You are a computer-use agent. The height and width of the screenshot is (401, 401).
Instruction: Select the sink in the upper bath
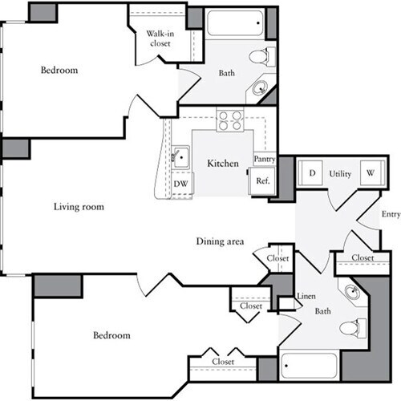tap(261, 88)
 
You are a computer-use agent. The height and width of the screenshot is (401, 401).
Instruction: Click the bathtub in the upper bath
tap(234, 23)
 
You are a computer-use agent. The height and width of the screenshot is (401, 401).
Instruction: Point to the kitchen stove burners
tap(230, 119)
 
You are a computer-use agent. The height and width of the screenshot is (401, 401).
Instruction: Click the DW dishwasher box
tap(181, 183)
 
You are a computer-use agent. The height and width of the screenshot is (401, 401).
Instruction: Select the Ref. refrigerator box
tap(262, 181)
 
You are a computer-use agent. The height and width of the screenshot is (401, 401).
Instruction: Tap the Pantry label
tap(265, 160)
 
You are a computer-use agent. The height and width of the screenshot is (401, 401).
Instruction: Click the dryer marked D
tap(311, 172)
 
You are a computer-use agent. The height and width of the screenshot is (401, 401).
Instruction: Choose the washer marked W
tap(371, 172)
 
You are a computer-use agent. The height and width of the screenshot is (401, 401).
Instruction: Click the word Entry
tap(391, 214)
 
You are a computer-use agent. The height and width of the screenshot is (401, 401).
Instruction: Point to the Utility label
tap(341, 172)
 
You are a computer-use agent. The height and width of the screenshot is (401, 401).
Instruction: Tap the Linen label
tap(306, 298)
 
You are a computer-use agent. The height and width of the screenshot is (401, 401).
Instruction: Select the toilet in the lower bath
tap(353, 327)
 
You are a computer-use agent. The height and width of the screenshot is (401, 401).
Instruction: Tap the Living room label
tap(79, 206)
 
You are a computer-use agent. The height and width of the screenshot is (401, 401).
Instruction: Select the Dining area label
tap(220, 241)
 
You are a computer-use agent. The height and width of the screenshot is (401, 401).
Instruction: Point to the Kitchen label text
tap(223, 164)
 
